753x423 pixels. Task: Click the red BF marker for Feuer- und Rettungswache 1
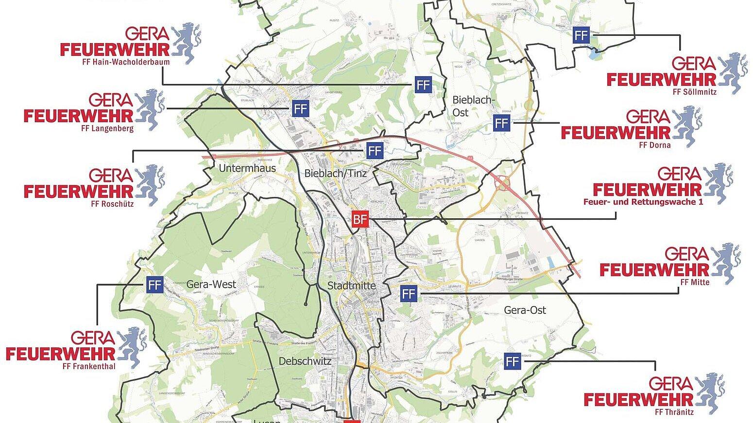(360, 220)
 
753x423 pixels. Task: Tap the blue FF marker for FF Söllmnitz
(581, 35)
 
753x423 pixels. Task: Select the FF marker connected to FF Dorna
(502, 123)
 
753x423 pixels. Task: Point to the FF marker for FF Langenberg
(300, 108)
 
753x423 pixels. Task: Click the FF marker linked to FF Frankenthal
(154, 284)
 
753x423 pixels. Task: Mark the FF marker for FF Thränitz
(512, 361)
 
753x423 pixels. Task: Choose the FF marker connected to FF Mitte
(409, 293)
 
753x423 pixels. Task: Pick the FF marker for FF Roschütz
(374, 151)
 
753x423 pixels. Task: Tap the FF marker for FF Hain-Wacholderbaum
(423, 85)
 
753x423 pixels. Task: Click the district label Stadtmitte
(351, 286)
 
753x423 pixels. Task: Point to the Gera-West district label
(211, 284)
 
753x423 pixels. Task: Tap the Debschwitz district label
(305, 361)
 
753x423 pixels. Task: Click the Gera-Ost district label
(525, 310)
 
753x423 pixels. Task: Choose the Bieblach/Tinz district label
(335, 173)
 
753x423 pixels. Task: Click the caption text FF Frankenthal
(89, 366)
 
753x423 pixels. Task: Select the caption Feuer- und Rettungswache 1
(643, 202)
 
